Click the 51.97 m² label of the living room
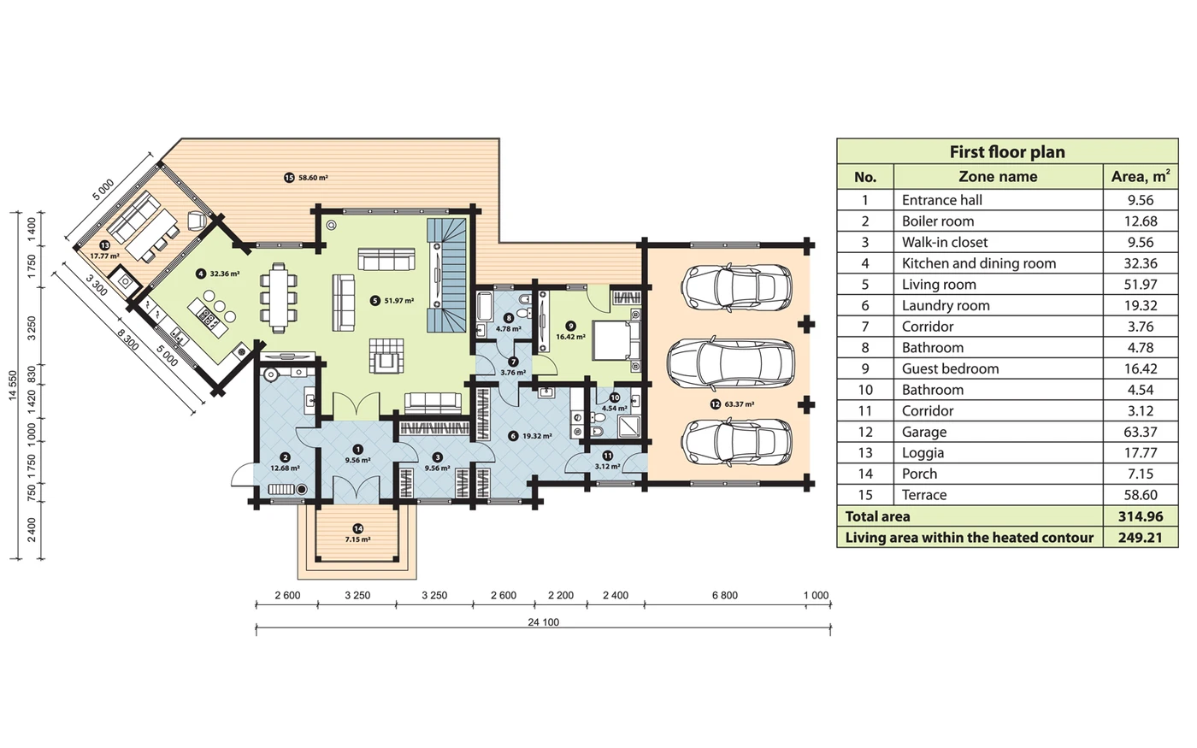(398, 301)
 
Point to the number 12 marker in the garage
(715, 404)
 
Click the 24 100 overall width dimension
(543, 622)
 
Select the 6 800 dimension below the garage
(724, 595)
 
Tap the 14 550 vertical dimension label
(13, 385)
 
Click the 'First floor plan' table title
(1006, 152)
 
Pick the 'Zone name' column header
(998, 177)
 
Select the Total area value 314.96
(1140, 516)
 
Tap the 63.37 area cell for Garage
(1140, 432)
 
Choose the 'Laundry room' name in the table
(945, 305)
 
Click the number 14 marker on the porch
(357, 528)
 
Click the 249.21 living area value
(1140, 538)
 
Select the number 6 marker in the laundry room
(513, 436)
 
